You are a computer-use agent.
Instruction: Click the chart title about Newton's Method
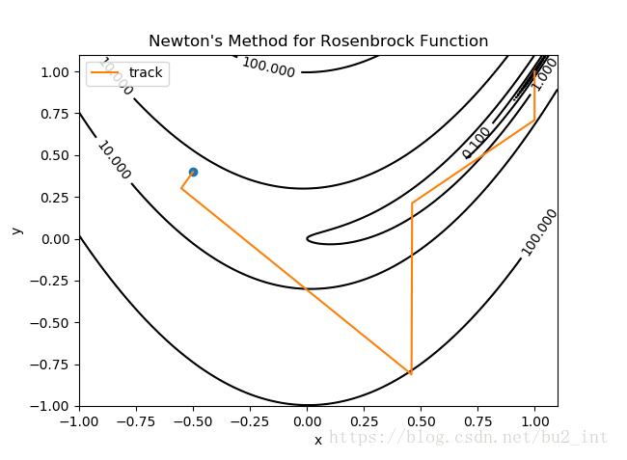coord(317,41)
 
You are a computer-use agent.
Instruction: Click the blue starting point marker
coord(193,172)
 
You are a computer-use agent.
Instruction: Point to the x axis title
coord(317,441)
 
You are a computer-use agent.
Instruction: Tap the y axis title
coord(17,230)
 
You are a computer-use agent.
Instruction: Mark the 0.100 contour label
coord(477,142)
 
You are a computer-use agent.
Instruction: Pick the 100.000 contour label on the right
coord(539,231)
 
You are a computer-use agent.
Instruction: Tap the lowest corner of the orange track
coord(411,373)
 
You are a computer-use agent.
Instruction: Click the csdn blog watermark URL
coord(469,437)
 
